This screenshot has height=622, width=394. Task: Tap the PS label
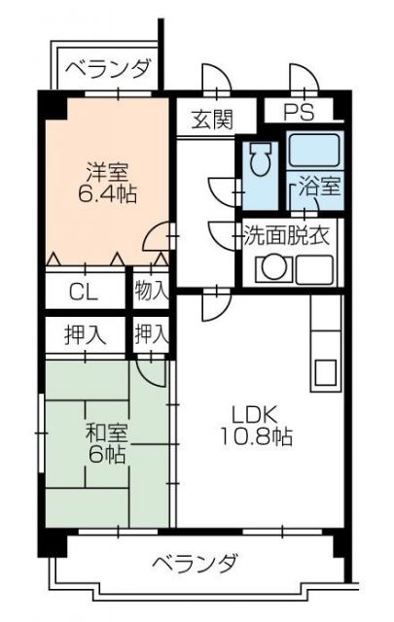point(300,111)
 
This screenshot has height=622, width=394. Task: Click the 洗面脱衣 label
point(288,234)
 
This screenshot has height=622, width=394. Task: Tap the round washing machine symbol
point(274,268)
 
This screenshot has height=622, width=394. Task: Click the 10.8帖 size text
point(256,436)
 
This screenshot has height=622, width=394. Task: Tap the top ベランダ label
point(109,68)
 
